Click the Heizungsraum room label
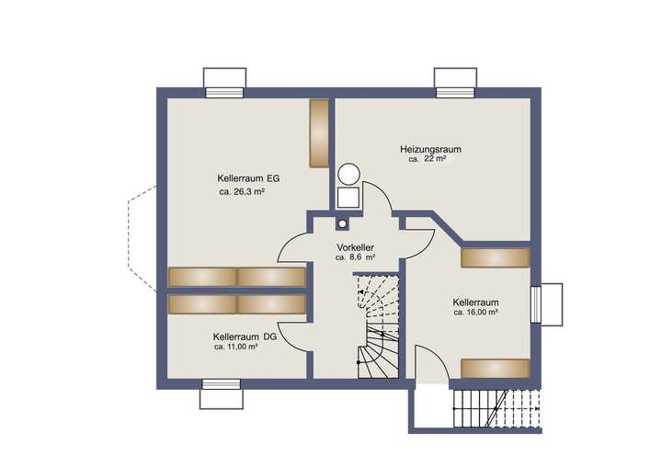point(429,148)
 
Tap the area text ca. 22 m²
point(428,159)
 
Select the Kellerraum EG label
point(247,177)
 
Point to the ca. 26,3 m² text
point(242,192)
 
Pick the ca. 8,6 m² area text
point(355,258)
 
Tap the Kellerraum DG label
point(244,336)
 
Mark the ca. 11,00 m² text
point(240,347)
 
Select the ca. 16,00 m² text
point(475,313)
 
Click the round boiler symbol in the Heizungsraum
point(348,174)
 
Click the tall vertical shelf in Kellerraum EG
point(319,132)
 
